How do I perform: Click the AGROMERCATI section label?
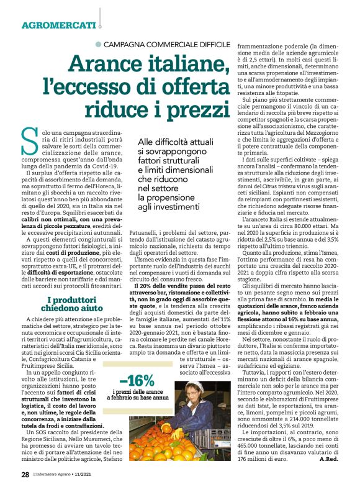(x=59, y=26)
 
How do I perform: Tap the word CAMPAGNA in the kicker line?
(x=124, y=45)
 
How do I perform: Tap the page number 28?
(x=25, y=475)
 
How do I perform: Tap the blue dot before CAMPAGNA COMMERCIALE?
(x=97, y=45)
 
